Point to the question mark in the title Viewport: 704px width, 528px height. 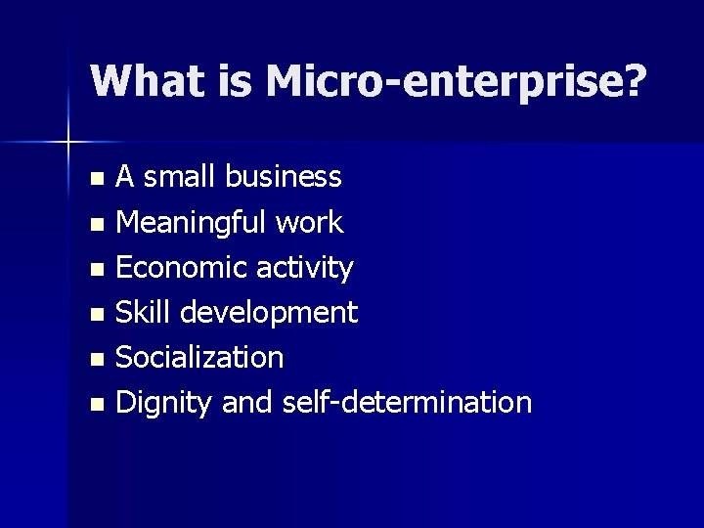point(633,81)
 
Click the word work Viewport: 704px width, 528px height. point(309,223)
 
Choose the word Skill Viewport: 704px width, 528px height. point(144,313)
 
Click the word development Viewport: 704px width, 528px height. point(271,314)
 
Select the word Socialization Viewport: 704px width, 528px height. point(199,358)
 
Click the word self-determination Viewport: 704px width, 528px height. point(407,403)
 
